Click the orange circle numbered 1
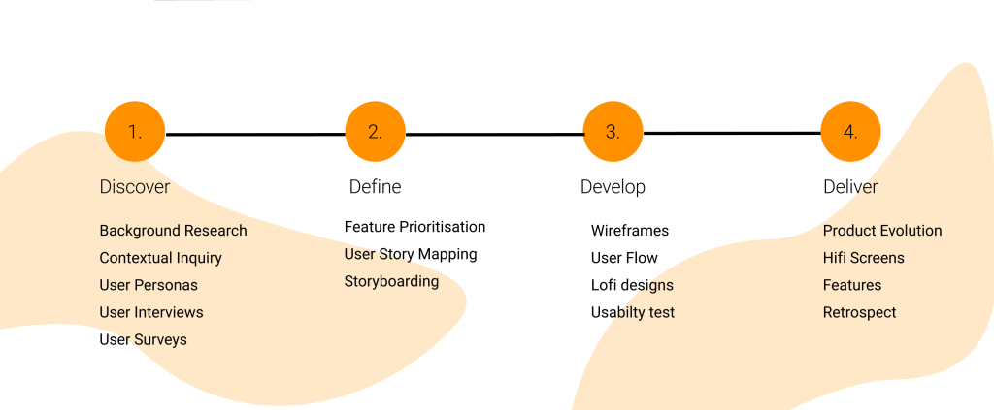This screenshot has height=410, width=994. pyautogui.click(x=135, y=132)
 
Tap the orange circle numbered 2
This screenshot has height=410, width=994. pyautogui.click(x=376, y=132)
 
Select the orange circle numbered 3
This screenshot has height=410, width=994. pyautogui.click(x=613, y=132)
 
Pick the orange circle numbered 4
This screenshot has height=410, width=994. pyautogui.click(x=850, y=132)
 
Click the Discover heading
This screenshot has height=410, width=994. pyautogui.click(x=135, y=187)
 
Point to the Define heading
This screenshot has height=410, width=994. pyautogui.click(x=376, y=187)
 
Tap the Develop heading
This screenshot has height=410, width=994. pyautogui.click(x=613, y=187)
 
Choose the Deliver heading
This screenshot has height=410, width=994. pyautogui.click(x=850, y=187)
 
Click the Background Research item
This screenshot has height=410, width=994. pyautogui.click(x=173, y=231)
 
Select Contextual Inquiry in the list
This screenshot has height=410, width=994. pyautogui.click(x=160, y=258)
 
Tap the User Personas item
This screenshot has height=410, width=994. pyautogui.click(x=149, y=285)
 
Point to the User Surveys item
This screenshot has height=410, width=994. pyautogui.click(x=144, y=340)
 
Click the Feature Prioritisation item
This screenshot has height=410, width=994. pyautogui.click(x=414, y=227)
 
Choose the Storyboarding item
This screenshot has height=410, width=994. pyautogui.click(x=392, y=281)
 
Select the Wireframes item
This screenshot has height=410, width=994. pyautogui.click(x=629, y=231)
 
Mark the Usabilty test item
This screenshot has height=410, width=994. pyautogui.click(x=633, y=312)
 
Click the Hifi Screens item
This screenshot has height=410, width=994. pyautogui.click(x=863, y=258)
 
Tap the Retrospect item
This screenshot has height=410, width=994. pyautogui.click(x=860, y=312)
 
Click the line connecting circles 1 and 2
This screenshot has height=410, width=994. pyautogui.click(x=255, y=134)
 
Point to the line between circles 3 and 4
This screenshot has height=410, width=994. pyautogui.click(x=732, y=134)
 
